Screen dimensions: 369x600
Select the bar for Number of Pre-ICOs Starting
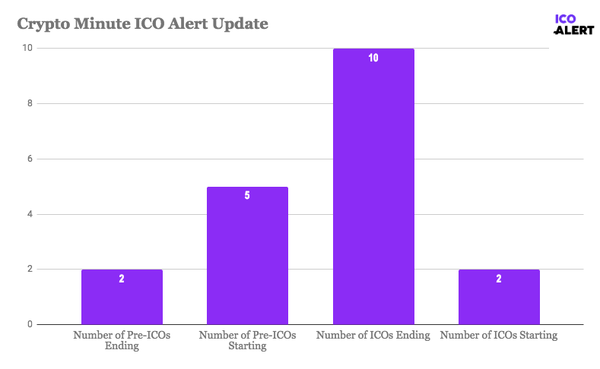pyautogui.click(x=247, y=258)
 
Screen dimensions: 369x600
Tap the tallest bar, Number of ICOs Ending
pyautogui.click(x=373, y=190)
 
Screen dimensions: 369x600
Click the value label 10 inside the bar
pyautogui.click(x=373, y=58)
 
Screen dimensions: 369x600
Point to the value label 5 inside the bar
pyautogui.click(x=247, y=196)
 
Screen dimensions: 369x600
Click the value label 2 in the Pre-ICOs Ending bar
pyautogui.click(x=122, y=279)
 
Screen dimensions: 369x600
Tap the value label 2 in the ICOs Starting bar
pyautogui.click(x=499, y=279)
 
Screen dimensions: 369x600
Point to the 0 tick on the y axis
pyautogui.click(x=30, y=325)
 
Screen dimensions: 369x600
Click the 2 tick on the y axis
pyautogui.click(x=30, y=270)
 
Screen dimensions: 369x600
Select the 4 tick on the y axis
pyautogui.click(x=30, y=214)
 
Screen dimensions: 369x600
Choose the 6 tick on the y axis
pyautogui.click(x=30, y=159)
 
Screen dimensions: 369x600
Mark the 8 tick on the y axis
pyautogui.click(x=30, y=103)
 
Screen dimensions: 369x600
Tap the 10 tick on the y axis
pyautogui.click(x=27, y=48)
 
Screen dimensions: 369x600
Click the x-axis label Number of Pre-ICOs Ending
pyautogui.click(x=122, y=340)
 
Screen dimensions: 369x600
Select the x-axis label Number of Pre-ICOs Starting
pyautogui.click(x=247, y=340)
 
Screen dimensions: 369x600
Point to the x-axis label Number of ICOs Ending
pyautogui.click(x=373, y=335)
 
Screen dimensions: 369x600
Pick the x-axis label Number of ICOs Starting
pyautogui.click(x=499, y=335)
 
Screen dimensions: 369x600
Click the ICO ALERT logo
pyautogui.click(x=567, y=24)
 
